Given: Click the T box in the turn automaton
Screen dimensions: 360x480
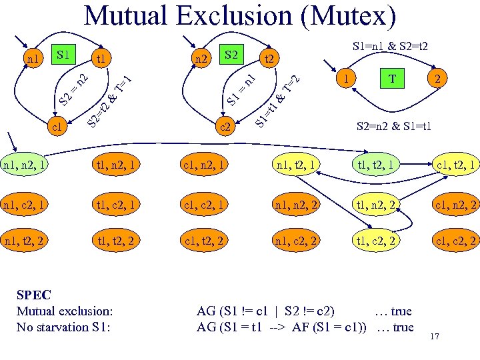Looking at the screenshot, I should pos(393,79).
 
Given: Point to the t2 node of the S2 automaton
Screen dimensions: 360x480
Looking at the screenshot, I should pos(270,59).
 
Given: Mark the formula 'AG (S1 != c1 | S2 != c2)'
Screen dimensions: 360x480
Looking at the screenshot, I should pos(266,311).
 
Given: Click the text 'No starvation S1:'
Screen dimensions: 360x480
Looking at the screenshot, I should pos(62,327).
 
